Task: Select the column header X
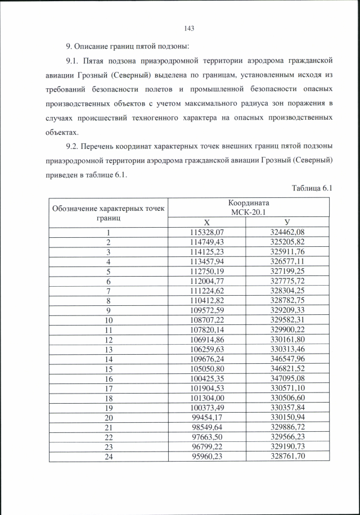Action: coord(207,222)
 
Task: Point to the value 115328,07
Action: coord(207,232)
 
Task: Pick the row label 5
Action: coord(109,270)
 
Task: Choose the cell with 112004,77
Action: coord(207,280)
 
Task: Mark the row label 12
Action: coord(109,340)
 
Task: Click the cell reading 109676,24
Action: coord(207,359)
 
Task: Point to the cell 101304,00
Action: coord(207,398)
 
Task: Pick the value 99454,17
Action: coord(207,417)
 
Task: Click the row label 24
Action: coord(109,456)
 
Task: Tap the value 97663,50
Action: coord(207,437)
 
